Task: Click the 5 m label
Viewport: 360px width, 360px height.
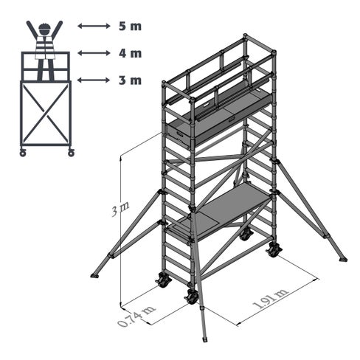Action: [130, 26]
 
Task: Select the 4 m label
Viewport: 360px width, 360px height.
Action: [130, 53]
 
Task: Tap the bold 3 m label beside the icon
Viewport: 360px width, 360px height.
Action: [130, 80]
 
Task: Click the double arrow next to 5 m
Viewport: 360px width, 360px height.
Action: [94, 26]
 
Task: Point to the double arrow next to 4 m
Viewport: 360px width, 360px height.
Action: [94, 53]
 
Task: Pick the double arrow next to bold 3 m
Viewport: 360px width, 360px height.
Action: [94, 80]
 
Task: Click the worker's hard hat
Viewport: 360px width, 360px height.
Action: [44, 27]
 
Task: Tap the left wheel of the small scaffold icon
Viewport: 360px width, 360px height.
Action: [23, 153]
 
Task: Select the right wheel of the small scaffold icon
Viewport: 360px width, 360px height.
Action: [71, 153]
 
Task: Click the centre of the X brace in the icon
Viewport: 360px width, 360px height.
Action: [46, 113]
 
